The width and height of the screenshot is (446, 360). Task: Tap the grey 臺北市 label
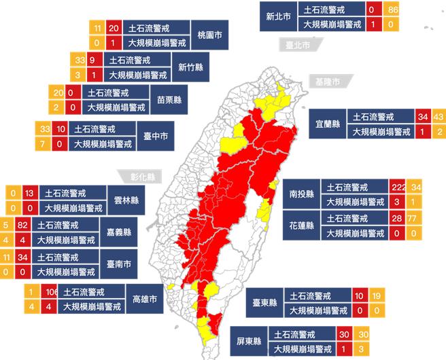click(297, 46)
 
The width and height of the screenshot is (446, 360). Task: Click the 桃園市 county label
click(209, 34)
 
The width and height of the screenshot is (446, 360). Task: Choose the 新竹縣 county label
click(192, 67)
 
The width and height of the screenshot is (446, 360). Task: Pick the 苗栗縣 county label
click(169, 99)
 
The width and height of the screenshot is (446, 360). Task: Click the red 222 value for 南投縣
click(399, 187)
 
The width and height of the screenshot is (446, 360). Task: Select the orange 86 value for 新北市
click(390, 10)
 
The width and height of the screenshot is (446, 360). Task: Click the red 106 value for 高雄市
click(50, 292)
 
